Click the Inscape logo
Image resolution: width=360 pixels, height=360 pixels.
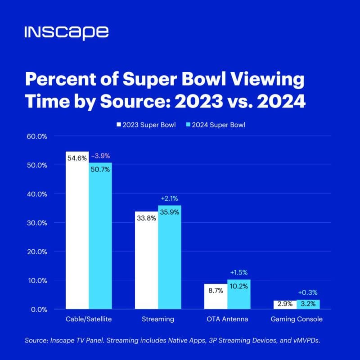[67, 33]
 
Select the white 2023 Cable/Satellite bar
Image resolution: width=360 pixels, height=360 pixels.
[77, 230]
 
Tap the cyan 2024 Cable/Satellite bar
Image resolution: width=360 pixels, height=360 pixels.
[100, 236]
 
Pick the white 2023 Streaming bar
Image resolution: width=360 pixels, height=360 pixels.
[147, 260]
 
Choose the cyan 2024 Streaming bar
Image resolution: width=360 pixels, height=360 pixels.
[170, 257]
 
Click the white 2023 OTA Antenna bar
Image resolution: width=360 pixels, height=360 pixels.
[216, 297]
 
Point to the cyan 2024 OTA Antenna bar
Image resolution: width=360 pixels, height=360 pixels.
[239, 294]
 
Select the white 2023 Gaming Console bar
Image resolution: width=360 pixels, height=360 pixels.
[285, 305]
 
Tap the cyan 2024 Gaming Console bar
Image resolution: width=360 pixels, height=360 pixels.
[308, 304]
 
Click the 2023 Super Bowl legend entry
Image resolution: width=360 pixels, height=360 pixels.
[146, 125]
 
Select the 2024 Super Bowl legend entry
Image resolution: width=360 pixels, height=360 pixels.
[216, 125]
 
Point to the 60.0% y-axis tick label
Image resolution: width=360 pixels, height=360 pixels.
[37, 136]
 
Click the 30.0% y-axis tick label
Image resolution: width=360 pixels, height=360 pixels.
[37, 223]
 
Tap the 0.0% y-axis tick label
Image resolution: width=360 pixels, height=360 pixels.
[39, 310]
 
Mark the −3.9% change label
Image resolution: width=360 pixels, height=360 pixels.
[100, 156]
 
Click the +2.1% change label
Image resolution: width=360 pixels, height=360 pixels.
[170, 198]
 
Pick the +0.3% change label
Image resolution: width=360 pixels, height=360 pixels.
[308, 292]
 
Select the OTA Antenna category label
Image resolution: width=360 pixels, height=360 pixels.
[227, 319]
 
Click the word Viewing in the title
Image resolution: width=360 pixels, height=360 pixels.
[267, 80]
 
